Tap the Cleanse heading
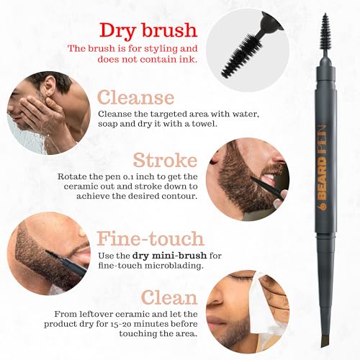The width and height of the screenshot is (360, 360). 136,97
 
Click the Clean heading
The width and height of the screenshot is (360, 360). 168,297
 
